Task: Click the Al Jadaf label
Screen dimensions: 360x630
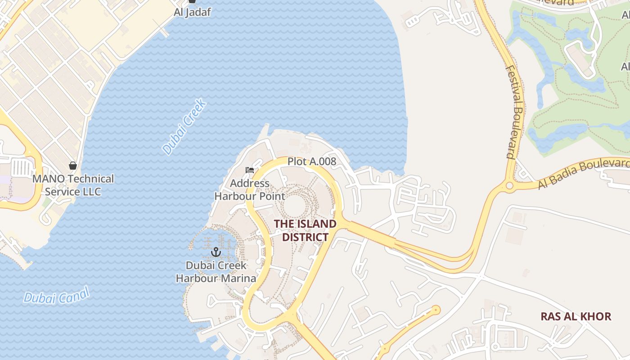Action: pyautogui.click(x=192, y=12)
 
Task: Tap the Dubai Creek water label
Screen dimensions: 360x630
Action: pyautogui.click(x=184, y=127)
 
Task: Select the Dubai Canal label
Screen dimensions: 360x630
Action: pyautogui.click(x=57, y=296)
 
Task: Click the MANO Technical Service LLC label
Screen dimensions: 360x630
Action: pyautogui.click(x=73, y=185)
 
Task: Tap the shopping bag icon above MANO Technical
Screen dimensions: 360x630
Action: pyautogui.click(x=73, y=166)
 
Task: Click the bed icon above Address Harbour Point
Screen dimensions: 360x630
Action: pyautogui.click(x=250, y=170)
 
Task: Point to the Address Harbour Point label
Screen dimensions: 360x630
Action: pyautogui.click(x=250, y=190)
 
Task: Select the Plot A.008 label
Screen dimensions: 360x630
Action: pyautogui.click(x=312, y=161)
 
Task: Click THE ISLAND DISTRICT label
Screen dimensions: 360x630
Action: pyautogui.click(x=305, y=230)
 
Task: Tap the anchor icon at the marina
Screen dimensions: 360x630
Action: pyautogui.click(x=216, y=252)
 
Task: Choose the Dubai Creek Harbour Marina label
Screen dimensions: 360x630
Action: pyautogui.click(x=216, y=272)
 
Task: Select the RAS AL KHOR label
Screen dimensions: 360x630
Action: pyautogui.click(x=576, y=316)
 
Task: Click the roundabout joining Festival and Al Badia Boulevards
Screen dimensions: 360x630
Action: pyautogui.click(x=509, y=185)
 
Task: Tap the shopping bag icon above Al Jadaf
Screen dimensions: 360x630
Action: pyautogui.click(x=192, y=1)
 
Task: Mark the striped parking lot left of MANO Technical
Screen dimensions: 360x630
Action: pyautogui.click(x=21, y=168)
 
